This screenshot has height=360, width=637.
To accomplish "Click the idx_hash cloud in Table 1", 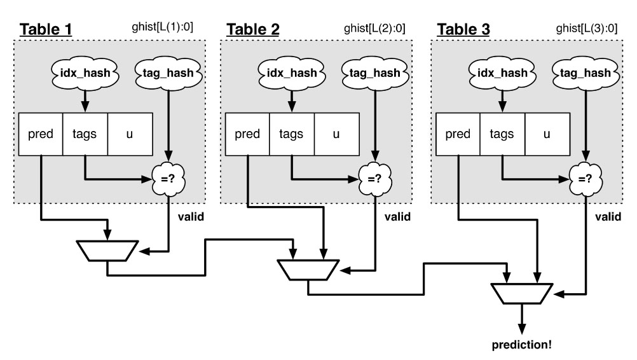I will point(85,73).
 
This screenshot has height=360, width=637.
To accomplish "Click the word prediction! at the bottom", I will point(523,347).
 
